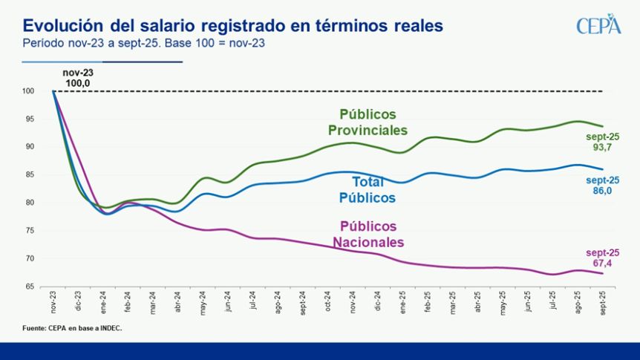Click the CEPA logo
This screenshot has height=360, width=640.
(598, 24)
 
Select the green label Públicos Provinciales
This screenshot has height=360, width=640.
(368, 122)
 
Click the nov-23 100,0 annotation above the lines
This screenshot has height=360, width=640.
(78, 78)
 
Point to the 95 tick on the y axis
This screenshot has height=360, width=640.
(30, 119)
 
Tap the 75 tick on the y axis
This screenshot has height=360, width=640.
(30, 231)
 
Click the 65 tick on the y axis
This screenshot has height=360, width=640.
(30, 287)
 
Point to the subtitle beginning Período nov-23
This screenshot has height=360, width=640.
(144, 43)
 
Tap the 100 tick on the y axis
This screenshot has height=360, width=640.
(29, 91)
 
